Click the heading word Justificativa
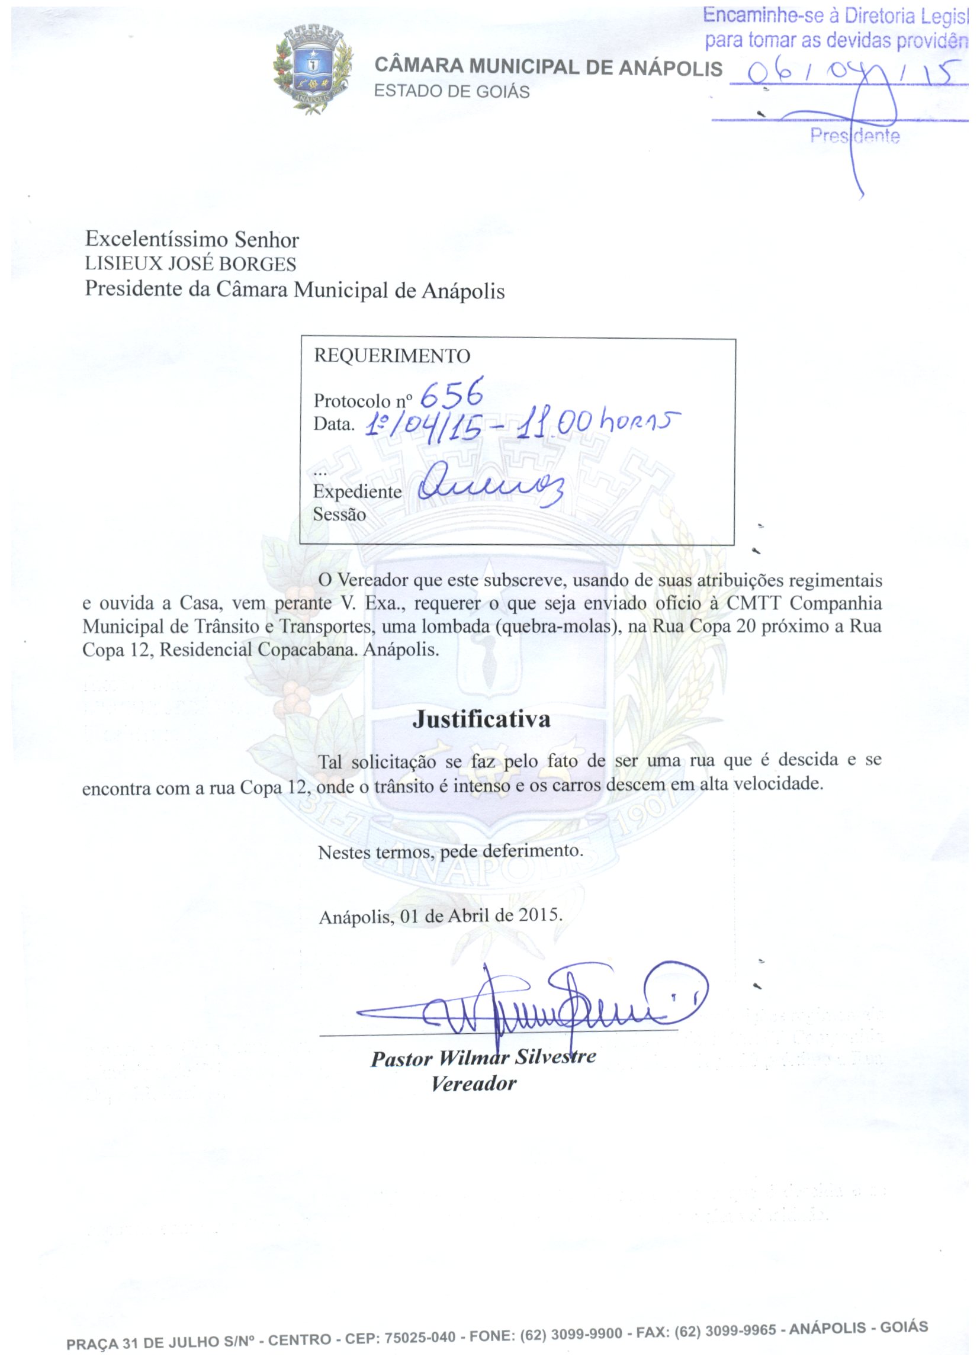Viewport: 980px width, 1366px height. pyautogui.click(x=481, y=719)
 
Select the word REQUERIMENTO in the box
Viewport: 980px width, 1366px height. pyautogui.click(x=391, y=356)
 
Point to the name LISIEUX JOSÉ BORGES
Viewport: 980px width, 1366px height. pyautogui.click(x=190, y=264)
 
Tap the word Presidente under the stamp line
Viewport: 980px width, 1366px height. pyautogui.click(x=854, y=136)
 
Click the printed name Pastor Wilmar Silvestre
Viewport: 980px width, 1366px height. pyautogui.click(x=483, y=1056)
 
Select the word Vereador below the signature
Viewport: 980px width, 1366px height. pyautogui.click(x=474, y=1084)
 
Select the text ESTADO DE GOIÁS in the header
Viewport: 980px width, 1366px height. pyautogui.click(x=452, y=92)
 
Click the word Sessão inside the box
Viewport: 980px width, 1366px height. pyautogui.click(x=339, y=515)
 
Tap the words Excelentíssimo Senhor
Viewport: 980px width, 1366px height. pyautogui.click(x=191, y=240)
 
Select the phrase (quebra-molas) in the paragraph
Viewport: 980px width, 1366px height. pyautogui.click(x=557, y=626)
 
